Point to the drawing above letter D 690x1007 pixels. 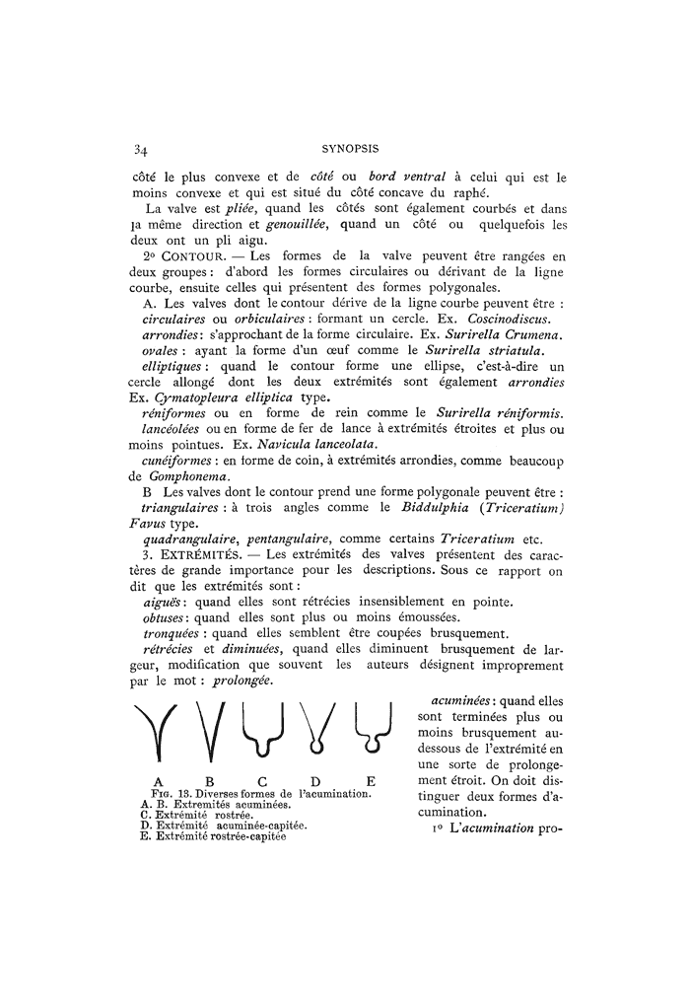point(316,731)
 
